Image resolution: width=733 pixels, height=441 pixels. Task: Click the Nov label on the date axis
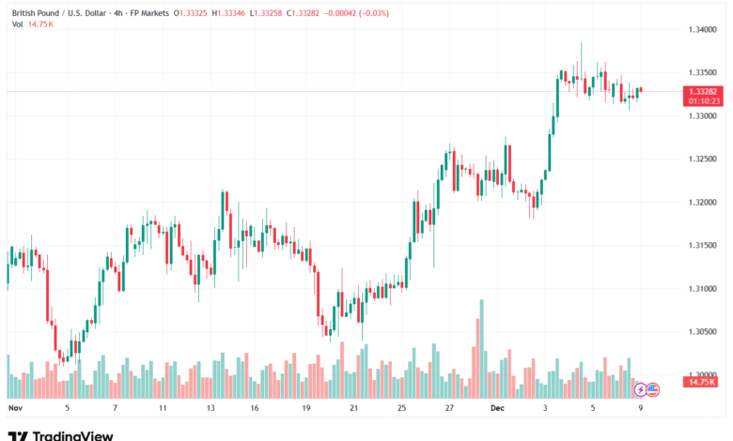tap(14, 409)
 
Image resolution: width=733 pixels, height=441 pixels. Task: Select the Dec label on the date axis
tap(498, 409)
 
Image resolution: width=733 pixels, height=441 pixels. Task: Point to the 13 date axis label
tap(211, 409)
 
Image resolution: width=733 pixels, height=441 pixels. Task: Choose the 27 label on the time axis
tap(450, 409)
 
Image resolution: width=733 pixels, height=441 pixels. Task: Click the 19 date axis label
tap(306, 409)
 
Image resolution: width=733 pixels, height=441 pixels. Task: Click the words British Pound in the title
tap(38, 13)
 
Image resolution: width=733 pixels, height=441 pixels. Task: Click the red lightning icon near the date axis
tap(640, 388)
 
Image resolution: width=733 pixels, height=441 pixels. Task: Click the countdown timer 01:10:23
tap(704, 99)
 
